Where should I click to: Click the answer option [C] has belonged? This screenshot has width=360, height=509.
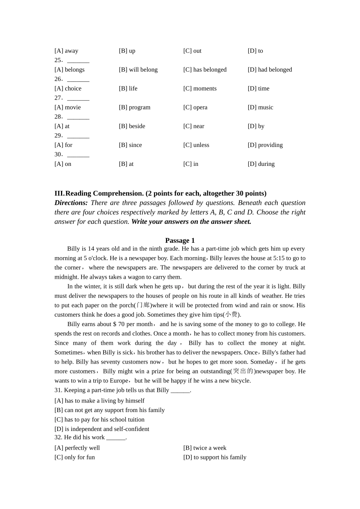click(205, 70)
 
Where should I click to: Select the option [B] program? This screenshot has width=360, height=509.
click(135, 108)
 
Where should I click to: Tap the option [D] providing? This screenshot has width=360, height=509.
click(265, 145)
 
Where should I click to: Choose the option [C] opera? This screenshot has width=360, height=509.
click(195, 108)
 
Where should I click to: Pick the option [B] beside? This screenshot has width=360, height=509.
click(132, 126)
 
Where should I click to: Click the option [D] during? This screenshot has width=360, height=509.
click(261, 164)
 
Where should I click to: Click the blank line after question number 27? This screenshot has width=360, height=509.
click(78, 98)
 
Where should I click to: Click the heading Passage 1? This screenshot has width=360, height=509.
click(180, 240)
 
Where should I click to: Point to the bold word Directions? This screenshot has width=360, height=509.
click(71, 203)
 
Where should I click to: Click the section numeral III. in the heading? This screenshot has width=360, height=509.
click(59, 194)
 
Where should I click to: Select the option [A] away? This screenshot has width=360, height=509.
click(66, 51)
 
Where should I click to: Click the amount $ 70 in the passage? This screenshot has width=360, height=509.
click(119, 324)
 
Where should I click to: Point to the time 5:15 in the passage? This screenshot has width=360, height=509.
click(279, 258)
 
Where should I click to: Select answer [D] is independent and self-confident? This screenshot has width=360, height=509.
click(102, 429)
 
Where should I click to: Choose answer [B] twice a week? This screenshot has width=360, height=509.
click(205, 448)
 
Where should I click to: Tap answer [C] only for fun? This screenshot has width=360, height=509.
click(75, 457)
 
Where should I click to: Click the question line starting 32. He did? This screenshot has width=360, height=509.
click(90, 437)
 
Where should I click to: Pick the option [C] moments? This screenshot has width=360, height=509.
click(200, 89)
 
